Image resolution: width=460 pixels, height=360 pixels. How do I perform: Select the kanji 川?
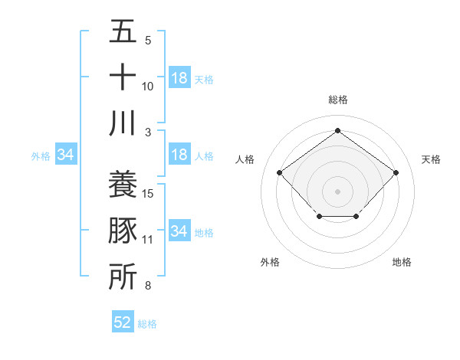point(123,123)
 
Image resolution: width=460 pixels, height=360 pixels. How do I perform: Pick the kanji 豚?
point(123,231)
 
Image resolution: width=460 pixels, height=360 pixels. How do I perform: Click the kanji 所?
point(123,277)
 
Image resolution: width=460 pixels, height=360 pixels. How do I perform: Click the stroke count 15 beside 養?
point(149,193)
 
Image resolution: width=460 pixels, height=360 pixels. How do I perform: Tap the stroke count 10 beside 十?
point(149,86)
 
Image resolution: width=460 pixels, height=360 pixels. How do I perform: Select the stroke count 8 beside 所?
point(148,286)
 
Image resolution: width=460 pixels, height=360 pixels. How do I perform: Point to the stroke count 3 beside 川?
point(148,132)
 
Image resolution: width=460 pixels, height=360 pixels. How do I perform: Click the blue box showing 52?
point(123,322)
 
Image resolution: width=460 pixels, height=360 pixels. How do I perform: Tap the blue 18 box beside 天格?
point(179,78)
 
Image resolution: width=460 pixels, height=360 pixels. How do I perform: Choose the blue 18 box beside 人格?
point(179,155)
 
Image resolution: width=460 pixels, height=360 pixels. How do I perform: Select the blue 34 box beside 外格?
point(66,155)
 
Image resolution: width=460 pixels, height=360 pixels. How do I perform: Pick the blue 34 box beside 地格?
point(179,231)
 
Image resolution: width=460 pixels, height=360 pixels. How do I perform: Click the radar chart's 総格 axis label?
point(337,100)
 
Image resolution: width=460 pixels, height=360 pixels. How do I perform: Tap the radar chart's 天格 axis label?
point(431,159)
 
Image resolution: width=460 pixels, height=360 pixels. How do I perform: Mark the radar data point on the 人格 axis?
point(279,173)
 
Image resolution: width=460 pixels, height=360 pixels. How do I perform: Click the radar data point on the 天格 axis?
point(396,173)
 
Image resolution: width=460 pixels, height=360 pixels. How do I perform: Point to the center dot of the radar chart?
point(337,191)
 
